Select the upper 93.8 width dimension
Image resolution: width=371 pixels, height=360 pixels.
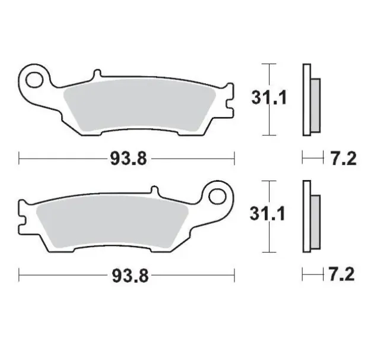click(127, 158)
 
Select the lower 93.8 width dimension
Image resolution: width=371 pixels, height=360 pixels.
click(127, 275)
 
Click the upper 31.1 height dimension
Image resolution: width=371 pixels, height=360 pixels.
click(268, 97)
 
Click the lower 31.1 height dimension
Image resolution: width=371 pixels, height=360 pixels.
click(268, 214)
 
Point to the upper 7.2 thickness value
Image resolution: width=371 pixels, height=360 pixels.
click(342, 158)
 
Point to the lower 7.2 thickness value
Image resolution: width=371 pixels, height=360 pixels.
click(342, 275)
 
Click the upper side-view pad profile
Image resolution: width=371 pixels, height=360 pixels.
click(311, 100)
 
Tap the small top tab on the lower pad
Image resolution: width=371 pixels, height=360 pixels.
click(155, 191)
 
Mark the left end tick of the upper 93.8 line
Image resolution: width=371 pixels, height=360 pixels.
click(20, 158)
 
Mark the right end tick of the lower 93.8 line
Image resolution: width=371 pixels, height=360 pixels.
click(235, 275)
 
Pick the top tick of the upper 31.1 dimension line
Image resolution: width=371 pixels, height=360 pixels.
click(269, 63)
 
